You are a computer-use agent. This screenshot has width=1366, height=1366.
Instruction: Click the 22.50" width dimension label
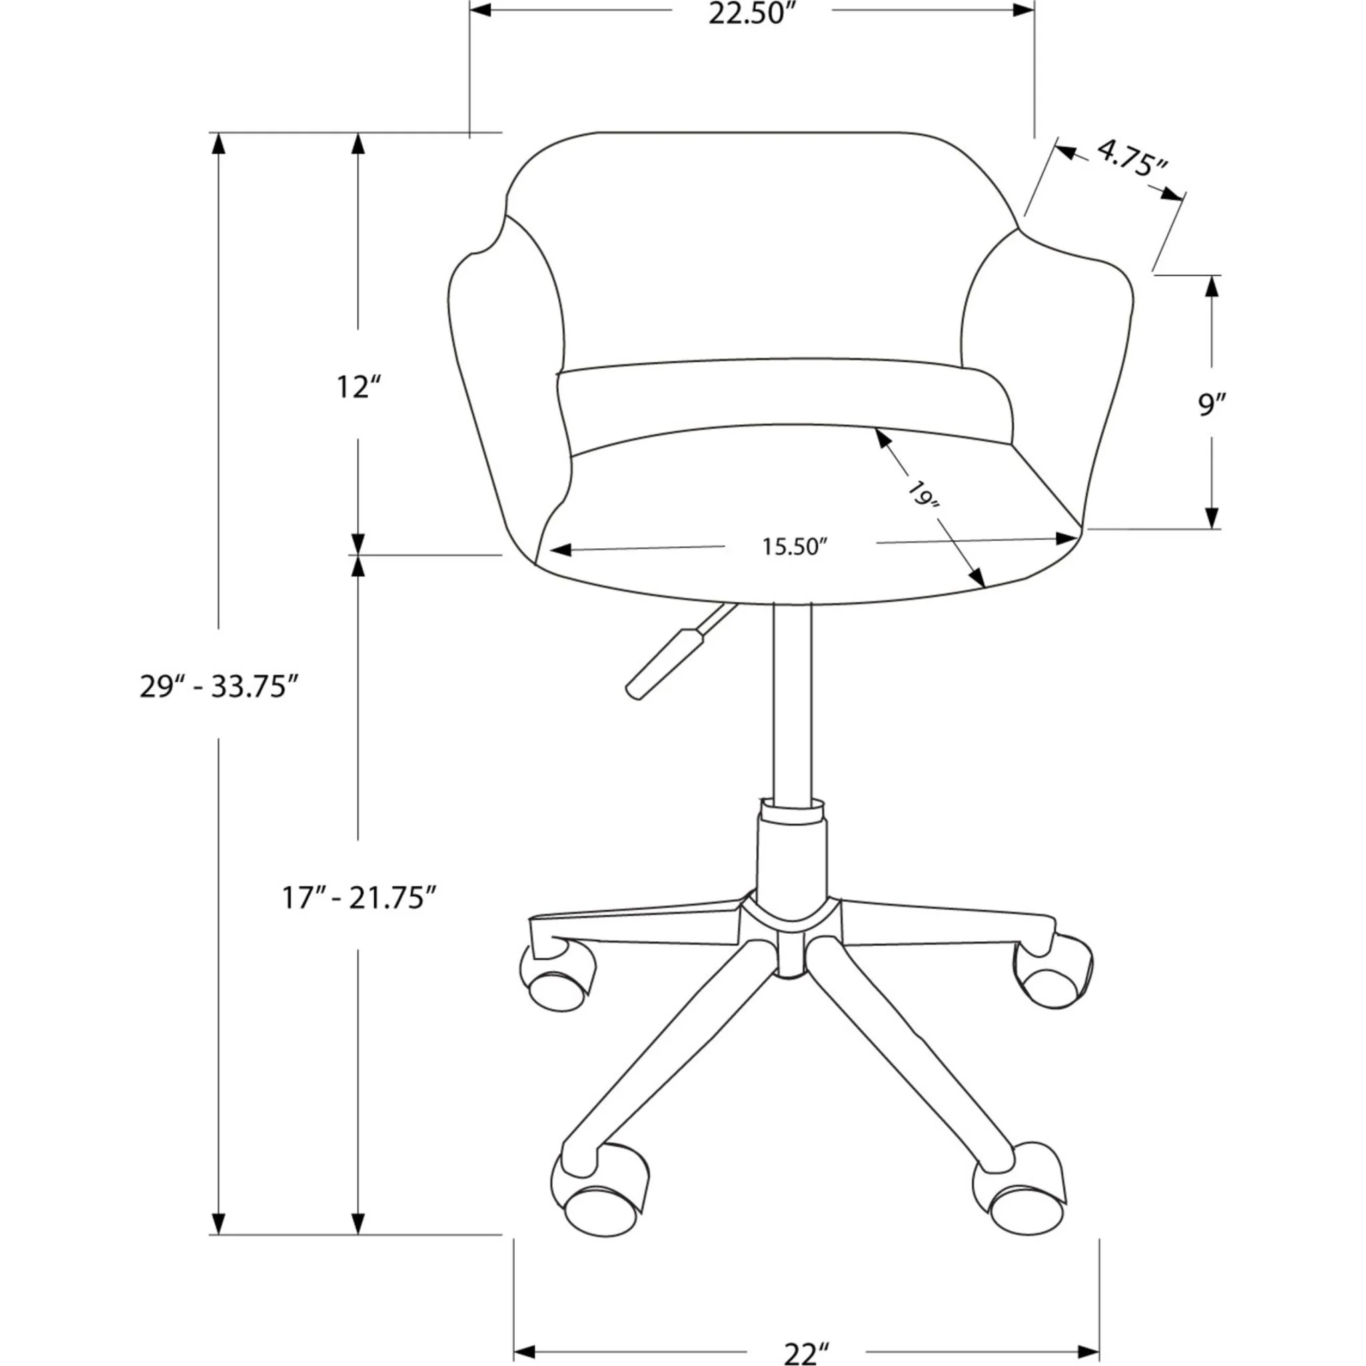point(752,14)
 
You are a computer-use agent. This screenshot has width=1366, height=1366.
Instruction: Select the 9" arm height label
point(1212,404)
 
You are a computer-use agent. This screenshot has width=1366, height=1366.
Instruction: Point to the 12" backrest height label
point(358,388)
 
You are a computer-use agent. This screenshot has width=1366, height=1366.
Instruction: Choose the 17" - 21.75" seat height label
point(358,898)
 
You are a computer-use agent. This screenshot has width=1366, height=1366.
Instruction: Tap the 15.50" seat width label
point(794,546)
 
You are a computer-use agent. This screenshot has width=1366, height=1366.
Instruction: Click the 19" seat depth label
point(922,495)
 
